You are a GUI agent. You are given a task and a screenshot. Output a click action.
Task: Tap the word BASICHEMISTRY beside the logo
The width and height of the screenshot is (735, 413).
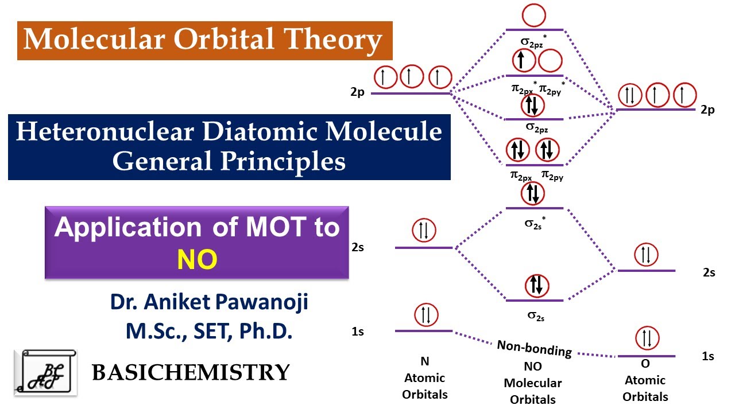[191, 372]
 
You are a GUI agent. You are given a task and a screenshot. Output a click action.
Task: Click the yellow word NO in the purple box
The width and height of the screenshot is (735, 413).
[197, 260]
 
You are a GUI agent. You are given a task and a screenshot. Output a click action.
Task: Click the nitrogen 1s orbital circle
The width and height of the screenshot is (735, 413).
[424, 314]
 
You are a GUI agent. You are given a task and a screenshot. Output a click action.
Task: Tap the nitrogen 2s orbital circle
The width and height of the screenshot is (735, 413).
[424, 231]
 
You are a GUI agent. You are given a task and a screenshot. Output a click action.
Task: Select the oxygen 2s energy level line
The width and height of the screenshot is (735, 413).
[646, 271]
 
